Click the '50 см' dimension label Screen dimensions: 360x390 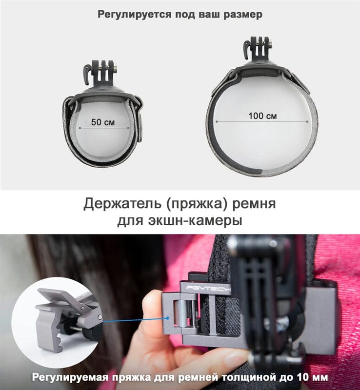[103, 122]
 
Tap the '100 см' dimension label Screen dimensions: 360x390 [262, 116]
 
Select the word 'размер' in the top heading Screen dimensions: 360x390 [243, 15]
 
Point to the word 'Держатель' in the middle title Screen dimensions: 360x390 [122, 204]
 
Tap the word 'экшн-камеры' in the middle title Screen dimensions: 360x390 [195, 220]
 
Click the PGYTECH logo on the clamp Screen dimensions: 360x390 [209, 288]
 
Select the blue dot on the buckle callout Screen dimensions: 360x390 [168, 318]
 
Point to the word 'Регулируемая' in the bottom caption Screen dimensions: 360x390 [70, 377]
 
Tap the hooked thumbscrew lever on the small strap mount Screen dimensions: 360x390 [87, 74]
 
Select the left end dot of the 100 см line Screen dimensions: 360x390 [217, 121]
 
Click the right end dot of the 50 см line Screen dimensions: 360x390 [128, 128]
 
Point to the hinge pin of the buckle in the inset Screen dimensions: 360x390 [100, 317]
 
